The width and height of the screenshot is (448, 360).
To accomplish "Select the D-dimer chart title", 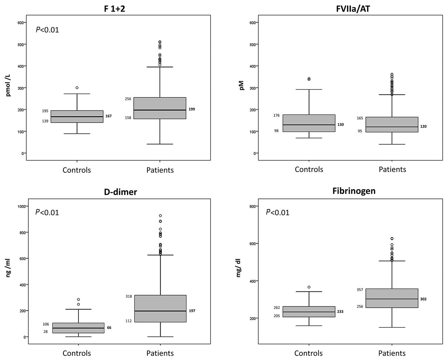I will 120,192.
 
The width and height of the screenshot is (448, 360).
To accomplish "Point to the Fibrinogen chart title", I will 354,191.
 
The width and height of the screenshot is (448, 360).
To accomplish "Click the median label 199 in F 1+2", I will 192,109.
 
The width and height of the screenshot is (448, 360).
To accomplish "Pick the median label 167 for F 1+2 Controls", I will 108,116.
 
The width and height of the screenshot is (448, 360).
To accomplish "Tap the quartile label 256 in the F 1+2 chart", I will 128,99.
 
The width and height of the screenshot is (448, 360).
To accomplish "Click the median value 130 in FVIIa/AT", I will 341,124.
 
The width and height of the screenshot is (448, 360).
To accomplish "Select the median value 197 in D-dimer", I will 192,311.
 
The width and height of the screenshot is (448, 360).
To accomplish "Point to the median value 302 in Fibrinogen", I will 423,299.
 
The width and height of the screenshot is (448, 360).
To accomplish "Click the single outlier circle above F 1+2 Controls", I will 77,88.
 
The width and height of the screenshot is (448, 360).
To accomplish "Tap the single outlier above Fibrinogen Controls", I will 309,287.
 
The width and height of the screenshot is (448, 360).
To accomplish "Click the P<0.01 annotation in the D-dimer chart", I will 47,212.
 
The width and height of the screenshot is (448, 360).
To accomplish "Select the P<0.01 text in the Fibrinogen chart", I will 278,212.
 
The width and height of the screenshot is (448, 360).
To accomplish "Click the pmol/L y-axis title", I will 8,88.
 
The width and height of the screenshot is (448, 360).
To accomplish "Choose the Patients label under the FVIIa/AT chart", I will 392,169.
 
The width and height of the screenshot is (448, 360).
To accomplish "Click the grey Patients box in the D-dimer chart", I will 160,308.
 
